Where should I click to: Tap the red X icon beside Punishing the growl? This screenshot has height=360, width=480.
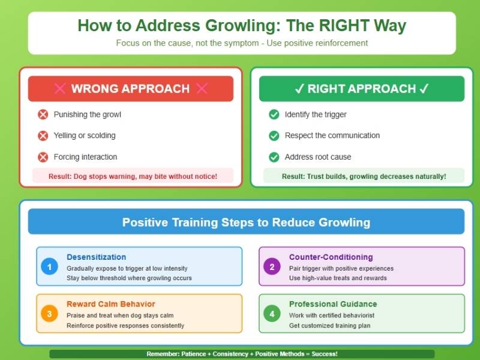(x=43, y=114)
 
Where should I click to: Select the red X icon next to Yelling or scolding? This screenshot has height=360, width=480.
(x=43, y=136)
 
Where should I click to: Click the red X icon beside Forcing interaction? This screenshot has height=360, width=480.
(x=43, y=157)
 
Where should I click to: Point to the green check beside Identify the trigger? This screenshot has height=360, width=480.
(x=274, y=114)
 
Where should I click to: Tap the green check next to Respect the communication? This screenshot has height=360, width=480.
(x=274, y=136)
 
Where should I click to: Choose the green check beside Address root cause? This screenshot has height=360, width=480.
(x=274, y=157)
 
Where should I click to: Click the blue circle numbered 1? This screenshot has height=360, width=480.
(x=50, y=266)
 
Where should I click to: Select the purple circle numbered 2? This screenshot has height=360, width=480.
(x=272, y=266)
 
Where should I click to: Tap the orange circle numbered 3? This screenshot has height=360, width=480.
(x=50, y=313)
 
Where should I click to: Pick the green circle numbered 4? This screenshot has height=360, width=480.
(x=272, y=313)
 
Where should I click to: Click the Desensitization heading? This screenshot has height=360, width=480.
(x=96, y=257)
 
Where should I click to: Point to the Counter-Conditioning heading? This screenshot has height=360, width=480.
(x=331, y=257)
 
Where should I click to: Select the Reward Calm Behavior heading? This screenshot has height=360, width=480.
(x=111, y=304)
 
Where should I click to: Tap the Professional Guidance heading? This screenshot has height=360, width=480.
(x=333, y=304)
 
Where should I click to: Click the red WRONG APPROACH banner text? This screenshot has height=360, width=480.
(x=130, y=89)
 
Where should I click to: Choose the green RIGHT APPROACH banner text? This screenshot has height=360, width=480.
(x=362, y=89)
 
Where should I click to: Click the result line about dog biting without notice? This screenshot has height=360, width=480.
(x=133, y=176)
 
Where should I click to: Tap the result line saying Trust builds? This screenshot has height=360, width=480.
(x=364, y=176)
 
